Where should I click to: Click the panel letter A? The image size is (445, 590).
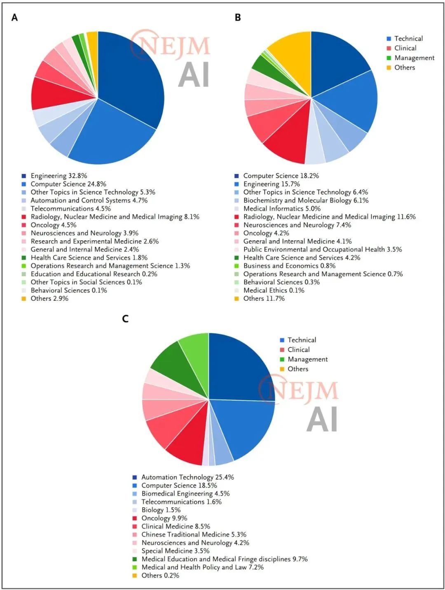coord(15,18)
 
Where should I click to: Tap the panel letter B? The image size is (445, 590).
coord(238,18)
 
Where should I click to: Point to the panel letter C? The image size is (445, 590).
coord(125,319)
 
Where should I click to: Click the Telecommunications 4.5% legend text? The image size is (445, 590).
coord(70,209)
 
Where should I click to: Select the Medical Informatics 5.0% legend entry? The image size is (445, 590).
coord(282,209)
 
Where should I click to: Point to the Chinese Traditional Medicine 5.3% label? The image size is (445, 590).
coord(194,534)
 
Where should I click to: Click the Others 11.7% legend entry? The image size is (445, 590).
coord(264,298)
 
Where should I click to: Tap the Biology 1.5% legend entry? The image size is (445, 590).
coord(161,510)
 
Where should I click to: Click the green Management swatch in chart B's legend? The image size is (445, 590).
coord(389,58)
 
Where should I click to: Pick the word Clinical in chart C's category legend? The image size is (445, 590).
coord(299,350)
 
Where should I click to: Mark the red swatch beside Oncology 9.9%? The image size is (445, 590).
coord(135,518)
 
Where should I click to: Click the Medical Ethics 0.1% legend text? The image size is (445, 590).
coord(274,290)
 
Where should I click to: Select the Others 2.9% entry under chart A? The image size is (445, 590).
coord(49,298)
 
